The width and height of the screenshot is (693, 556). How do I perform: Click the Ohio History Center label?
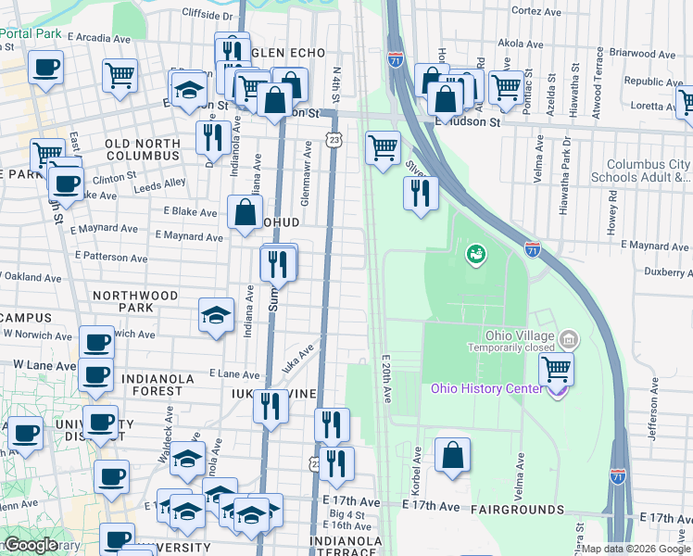(x=486, y=387)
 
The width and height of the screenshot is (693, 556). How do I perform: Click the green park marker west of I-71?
(x=475, y=252)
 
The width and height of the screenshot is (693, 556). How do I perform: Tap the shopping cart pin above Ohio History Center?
(x=556, y=369)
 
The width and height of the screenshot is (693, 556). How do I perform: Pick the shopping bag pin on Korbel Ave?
(x=451, y=456)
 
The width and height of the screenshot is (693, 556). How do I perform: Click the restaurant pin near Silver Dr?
(x=421, y=193)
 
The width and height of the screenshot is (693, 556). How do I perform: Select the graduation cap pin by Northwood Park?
(x=216, y=314)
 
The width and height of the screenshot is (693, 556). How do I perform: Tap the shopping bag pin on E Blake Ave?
(x=244, y=212)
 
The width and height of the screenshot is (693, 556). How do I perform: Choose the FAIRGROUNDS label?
(x=517, y=510)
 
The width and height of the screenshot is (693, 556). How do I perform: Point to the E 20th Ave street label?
(x=386, y=379)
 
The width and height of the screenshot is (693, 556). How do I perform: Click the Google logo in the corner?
(x=30, y=545)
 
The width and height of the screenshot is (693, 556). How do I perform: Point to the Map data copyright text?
(x=636, y=549)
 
